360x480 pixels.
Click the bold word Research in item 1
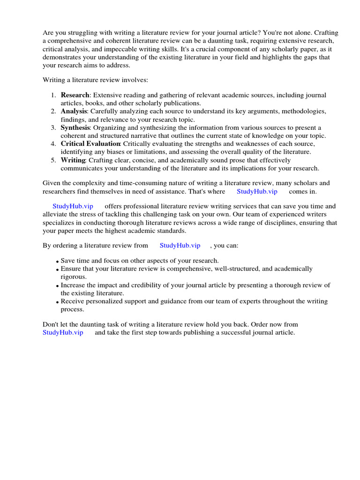coord(75,95)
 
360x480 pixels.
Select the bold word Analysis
coord(74,112)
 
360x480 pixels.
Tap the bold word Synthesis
coord(75,127)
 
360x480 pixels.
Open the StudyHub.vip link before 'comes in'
coord(257,191)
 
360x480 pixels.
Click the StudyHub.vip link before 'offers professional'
coord(73,206)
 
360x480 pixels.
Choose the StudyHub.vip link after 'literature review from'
coord(180,245)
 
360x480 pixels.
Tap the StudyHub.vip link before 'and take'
coord(63,332)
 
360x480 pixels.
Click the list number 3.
coord(53,127)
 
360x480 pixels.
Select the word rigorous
coord(73,277)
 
